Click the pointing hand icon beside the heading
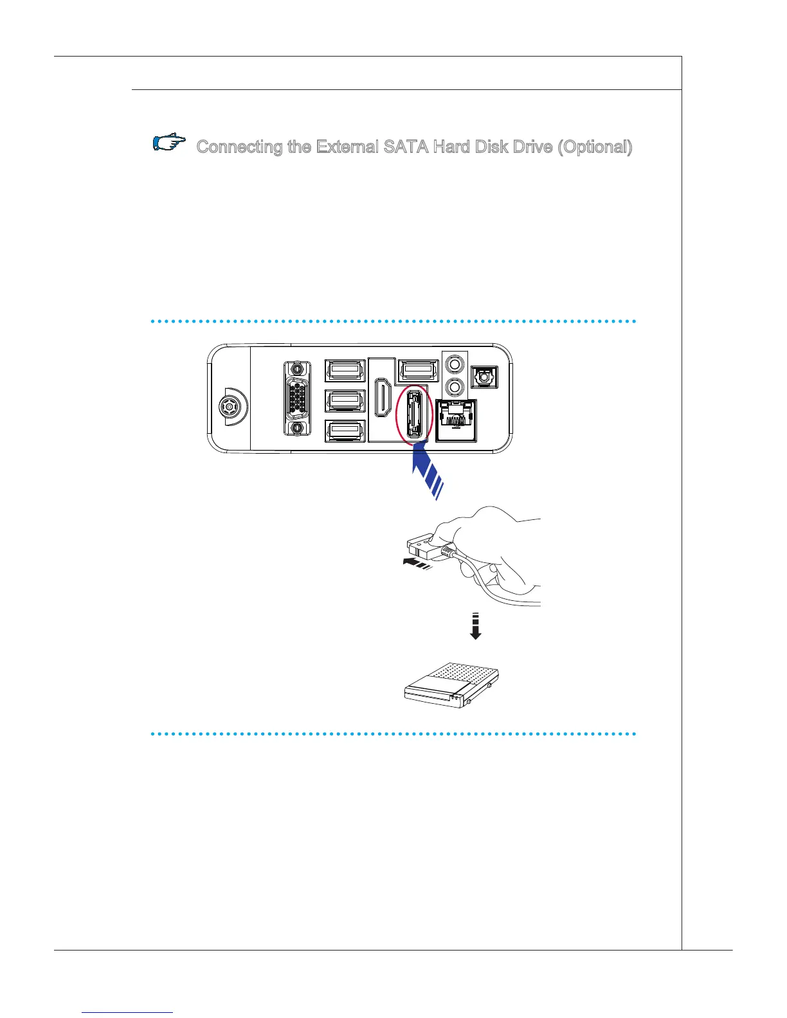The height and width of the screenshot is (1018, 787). pyautogui.click(x=169, y=143)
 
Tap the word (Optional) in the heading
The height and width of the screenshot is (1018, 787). pyautogui.click(x=594, y=147)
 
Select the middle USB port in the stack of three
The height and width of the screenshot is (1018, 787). pyautogui.click(x=346, y=400)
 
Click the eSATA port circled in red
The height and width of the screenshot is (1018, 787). pyautogui.click(x=412, y=412)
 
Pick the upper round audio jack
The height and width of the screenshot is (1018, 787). pyautogui.click(x=456, y=364)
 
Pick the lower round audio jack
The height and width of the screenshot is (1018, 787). pyautogui.click(x=456, y=388)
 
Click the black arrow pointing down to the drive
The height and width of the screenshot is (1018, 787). pyautogui.click(x=475, y=627)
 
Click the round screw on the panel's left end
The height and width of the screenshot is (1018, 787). pyautogui.click(x=228, y=406)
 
